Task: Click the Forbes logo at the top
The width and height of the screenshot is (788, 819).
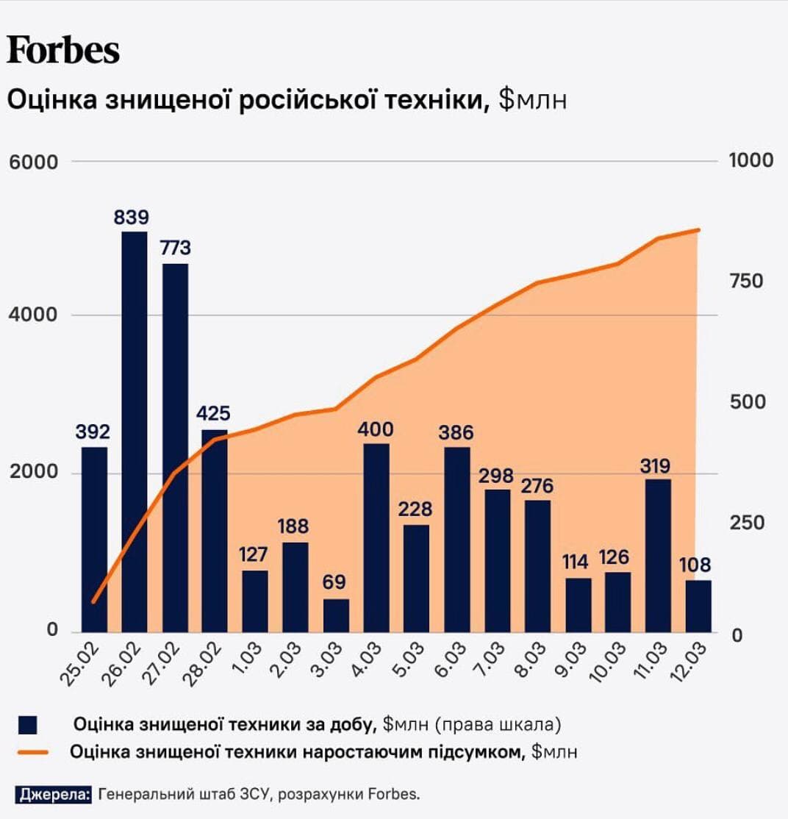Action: coord(63,51)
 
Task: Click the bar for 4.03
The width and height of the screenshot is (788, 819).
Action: coord(376,537)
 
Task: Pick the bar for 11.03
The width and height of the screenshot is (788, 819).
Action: coord(658,555)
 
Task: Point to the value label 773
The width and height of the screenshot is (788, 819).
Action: coord(175,248)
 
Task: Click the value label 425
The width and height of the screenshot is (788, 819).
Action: coord(214,413)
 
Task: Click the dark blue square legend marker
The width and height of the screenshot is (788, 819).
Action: coord(29,725)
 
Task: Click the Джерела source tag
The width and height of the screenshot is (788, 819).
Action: coord(53,794)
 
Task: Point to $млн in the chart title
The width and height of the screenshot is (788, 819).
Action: coord(532,100)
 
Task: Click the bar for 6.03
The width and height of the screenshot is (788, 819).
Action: coord(457,539)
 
